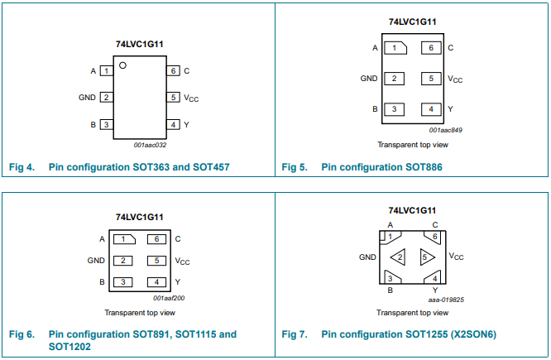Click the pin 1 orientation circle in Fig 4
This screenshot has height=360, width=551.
122,65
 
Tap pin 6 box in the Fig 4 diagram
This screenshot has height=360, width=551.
173,70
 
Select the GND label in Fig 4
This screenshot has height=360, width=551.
87,98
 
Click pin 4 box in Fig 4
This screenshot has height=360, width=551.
173,124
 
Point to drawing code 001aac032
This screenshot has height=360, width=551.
150,145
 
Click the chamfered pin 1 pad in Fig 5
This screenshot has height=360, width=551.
395,48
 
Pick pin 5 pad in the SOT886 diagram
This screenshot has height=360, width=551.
431,79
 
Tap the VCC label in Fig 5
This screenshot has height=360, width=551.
455,79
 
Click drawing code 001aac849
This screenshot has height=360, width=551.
446,130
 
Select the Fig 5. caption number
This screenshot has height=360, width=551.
295,167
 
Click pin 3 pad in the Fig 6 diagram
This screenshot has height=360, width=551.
123,282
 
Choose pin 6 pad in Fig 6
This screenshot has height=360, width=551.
156,239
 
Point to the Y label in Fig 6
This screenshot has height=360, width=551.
177,282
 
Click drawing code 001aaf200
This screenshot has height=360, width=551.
169,298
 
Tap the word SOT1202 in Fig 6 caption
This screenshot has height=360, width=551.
69,347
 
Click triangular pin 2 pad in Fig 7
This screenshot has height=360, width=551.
399,257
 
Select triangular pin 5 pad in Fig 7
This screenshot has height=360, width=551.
426,257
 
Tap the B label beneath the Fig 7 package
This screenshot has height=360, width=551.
390,290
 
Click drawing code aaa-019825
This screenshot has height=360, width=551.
446,300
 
